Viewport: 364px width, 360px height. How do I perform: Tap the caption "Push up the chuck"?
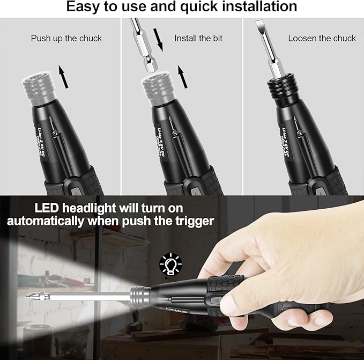66,38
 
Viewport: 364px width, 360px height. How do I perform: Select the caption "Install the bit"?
198,38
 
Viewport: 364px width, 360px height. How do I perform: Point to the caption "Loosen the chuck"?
322,38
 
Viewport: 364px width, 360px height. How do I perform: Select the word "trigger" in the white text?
191,221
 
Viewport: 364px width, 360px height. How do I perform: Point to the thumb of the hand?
236,302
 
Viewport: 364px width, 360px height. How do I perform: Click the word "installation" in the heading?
264,7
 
